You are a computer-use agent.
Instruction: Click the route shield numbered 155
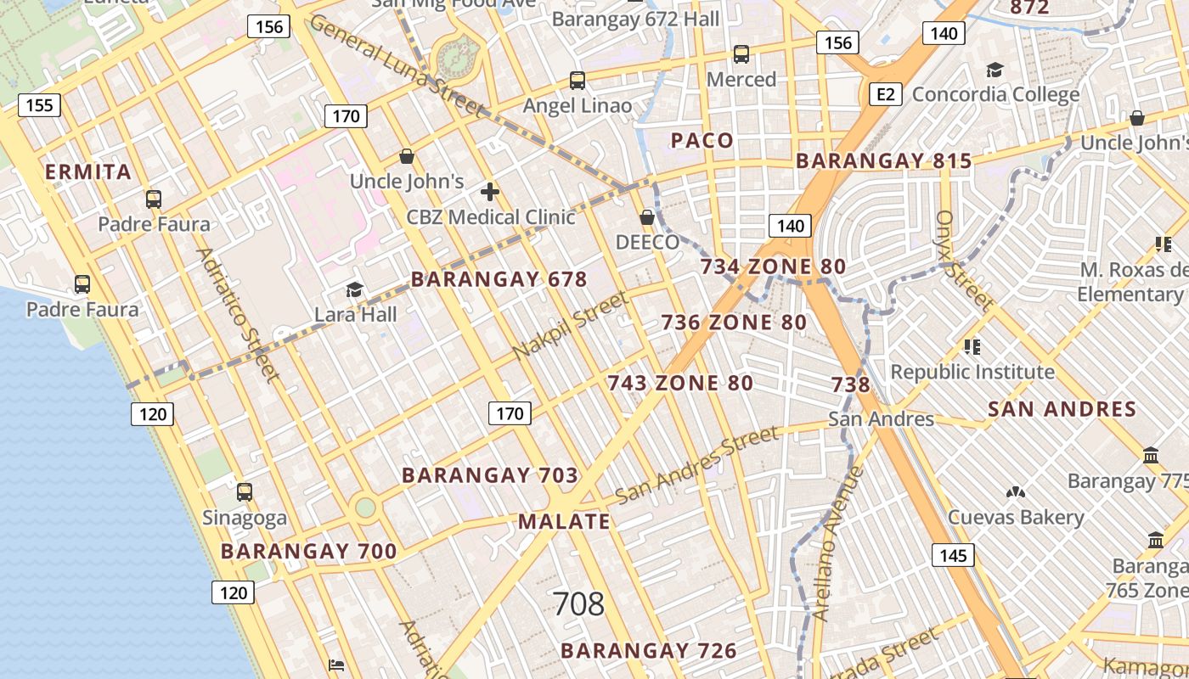(39, 105)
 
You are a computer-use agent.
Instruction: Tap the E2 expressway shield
(885, 93)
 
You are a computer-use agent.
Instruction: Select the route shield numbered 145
(953, 556)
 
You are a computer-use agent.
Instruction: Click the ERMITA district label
(88, 172)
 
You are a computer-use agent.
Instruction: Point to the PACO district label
(702, 141)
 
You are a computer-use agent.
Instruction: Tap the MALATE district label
(564, 522)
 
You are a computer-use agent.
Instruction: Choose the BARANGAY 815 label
(883, 161)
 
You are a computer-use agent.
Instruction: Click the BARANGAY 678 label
(499, 279)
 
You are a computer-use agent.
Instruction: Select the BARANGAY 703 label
(490, 475)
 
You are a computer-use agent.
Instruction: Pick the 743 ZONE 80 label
(680, 383)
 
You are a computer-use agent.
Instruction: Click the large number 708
(578, 604)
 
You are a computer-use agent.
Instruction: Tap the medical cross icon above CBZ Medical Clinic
(490, 191)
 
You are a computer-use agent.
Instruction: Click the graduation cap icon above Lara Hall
(354, 290)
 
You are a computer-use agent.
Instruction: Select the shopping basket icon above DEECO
(647, 217)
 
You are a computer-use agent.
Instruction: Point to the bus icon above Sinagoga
(245, 491)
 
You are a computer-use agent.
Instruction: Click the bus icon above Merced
(741, 54)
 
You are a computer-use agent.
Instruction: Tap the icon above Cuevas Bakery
(1015, 491)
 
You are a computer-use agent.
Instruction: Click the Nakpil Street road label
(571, 325)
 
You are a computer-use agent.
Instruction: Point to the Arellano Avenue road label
(837, 543)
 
